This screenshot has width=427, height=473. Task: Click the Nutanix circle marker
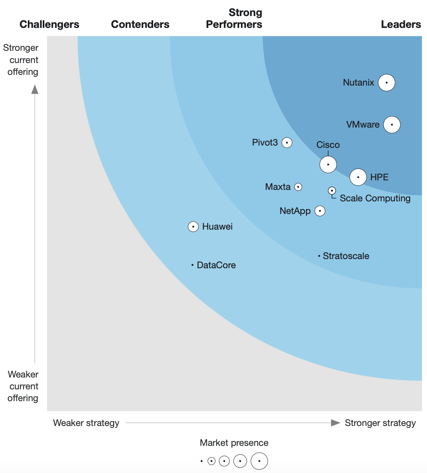click(x=387, y=83)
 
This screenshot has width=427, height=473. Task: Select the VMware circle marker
click(x=392, y=125)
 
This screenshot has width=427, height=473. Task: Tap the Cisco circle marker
click(x=328, y=165)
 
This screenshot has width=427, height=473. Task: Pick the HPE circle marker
click(x=358, y=177)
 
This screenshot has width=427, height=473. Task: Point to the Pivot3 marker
click(x=287, y=143)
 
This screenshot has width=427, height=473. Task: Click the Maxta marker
click(x=298, y=187)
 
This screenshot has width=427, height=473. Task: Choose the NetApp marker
click(x=320, y=211)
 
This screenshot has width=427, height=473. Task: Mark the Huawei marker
click(x=193, y=227)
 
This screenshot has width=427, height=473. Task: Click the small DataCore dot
click(x=192, y=265)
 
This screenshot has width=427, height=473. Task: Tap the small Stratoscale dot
click(x=319, y=256)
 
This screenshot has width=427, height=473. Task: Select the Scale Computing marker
click(x=332, y=190)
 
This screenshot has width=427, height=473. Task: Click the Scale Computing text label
click(x=375, y=198)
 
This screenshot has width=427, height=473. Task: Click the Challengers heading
click(x=49, y=24)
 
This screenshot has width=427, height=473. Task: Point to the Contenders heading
click(x=140, y=24)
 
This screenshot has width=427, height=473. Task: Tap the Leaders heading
click(x=401, y=24)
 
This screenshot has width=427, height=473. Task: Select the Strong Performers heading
click(x=234, y=18)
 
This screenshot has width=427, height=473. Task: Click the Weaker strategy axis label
click(x=86, y=423)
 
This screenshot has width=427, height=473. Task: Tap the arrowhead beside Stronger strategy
click(x=335, y=423)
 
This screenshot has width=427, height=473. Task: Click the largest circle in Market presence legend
click(x=259, y=461)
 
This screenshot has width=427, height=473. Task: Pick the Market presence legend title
click(x=234, y=443)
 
